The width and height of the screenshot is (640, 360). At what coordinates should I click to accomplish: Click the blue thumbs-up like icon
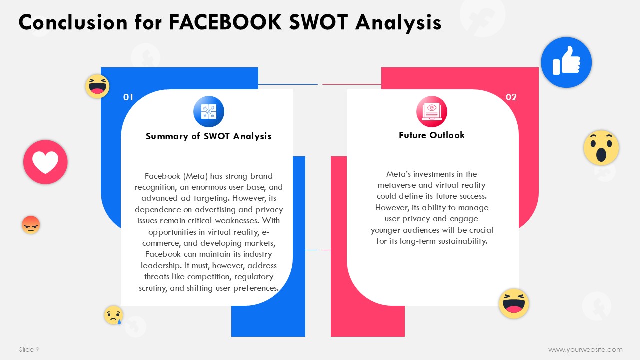pos(566,62)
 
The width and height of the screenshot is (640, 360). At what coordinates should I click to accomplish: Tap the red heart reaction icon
pos(45,162)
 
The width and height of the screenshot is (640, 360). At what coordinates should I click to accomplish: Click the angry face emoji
pos(31,225)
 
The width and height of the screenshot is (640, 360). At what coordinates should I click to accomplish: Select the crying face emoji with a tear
pos(113,315)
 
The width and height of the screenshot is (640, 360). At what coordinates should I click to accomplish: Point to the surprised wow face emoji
pos(601,147)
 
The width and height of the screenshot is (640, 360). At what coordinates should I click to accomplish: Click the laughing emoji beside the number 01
pos(97,86)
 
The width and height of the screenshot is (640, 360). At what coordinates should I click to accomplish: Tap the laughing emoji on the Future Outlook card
pos(514,303)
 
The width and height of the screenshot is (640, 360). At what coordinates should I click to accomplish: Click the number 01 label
pos(128,97)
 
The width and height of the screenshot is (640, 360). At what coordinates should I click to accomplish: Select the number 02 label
pos(511,97)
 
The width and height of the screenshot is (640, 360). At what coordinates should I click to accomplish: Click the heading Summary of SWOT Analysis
pos(209,136)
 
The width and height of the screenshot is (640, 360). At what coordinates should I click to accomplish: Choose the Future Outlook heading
pos(431,135)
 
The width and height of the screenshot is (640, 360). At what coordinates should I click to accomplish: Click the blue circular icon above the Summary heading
pos(209,111)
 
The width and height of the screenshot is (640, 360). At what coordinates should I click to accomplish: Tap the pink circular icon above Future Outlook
pos(431,111)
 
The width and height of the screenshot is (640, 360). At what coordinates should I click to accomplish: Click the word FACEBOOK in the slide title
pos(225,22)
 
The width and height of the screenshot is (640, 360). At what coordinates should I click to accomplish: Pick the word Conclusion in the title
pos(73,22)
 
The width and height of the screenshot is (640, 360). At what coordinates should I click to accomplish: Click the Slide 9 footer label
pos(29,349)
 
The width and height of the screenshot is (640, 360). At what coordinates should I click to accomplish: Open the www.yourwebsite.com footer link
pos(585,349)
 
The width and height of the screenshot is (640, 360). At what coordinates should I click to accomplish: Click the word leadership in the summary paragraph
pos(161,266)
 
